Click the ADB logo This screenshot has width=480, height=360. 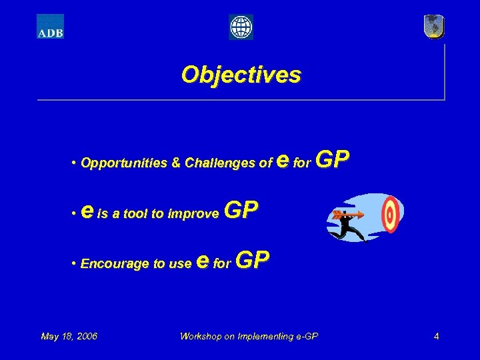pos(50,27)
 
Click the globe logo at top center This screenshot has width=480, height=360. pos(241,27)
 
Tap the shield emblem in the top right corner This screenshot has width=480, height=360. pos(434,27)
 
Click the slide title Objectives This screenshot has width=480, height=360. pos(241,74)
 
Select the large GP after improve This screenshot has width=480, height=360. pos(241,211)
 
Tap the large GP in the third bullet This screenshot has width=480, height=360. pos(253,261)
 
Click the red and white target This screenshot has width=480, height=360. pos(389,213)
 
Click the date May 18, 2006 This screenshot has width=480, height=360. pos(69,336)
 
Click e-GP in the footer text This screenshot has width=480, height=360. pos(306,336)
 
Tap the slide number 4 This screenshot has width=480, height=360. pos(436,336)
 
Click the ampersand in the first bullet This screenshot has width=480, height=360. pos(176,163)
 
